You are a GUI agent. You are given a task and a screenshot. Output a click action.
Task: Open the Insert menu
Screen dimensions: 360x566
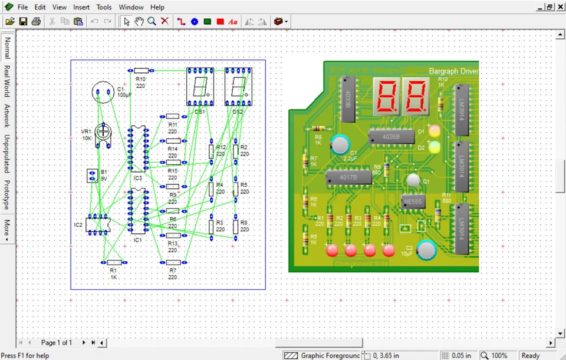(81, 7)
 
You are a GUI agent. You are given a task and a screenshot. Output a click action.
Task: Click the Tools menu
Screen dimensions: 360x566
(104, 7)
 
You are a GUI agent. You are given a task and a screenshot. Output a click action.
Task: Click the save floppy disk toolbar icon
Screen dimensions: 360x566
(24, 21)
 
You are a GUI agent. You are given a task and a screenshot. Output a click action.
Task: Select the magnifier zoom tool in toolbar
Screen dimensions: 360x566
(152, 21)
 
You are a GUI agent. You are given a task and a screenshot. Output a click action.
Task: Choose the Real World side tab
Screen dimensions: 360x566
(7, 81)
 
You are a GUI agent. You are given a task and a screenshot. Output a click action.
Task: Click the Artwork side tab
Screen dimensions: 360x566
(7, 116)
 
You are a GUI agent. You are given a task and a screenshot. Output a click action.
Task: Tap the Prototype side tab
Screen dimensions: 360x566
(7, 195)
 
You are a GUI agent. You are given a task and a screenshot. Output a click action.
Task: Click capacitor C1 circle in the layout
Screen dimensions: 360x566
(103, 93)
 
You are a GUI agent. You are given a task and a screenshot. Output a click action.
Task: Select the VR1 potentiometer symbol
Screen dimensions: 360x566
(103, 131)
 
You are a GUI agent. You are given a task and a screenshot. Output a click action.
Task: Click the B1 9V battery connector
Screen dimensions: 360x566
(92, 176)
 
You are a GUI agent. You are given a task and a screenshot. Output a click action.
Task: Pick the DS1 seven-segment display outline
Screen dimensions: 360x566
(200, 87)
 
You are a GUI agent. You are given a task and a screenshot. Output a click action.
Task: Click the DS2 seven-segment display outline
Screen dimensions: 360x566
(238, 87)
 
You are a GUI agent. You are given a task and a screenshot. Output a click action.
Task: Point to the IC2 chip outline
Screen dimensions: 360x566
(98, 224)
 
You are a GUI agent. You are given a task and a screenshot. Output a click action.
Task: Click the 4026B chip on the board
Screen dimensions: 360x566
(390, 137)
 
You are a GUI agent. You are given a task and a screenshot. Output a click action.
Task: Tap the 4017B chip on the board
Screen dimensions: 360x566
(348, 176)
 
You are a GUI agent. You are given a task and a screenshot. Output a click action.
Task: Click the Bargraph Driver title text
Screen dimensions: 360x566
(453, 71)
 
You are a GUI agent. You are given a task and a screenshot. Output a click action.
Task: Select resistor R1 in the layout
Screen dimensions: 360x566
(114, 262)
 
